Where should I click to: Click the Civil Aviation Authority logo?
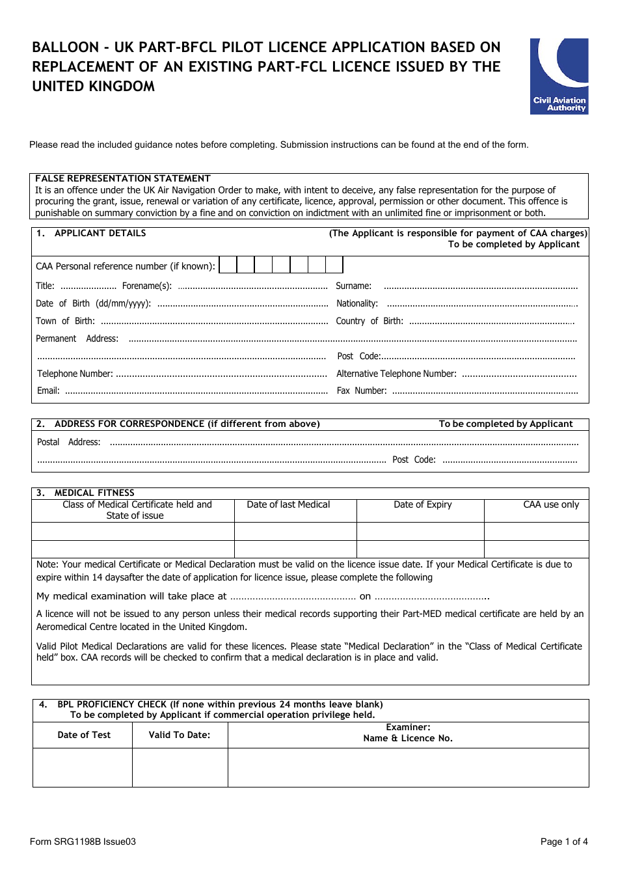559,76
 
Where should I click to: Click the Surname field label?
353,286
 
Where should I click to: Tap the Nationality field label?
356,304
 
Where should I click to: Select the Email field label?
47,391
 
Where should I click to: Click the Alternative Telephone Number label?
396,374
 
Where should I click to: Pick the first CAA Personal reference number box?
228,265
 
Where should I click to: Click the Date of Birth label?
93,304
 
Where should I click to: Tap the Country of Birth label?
369,322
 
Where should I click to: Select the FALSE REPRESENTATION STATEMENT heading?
122,178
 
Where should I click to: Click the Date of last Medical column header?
288,505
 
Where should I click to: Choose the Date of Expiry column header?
422,505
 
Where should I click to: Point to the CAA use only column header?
550,505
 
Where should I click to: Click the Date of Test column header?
84,735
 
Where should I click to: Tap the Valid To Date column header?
180,735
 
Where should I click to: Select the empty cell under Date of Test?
83,767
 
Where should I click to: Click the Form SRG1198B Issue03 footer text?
83,842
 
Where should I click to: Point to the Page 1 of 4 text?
563,842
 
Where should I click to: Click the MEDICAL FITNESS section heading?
94,493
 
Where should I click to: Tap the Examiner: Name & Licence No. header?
408,733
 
